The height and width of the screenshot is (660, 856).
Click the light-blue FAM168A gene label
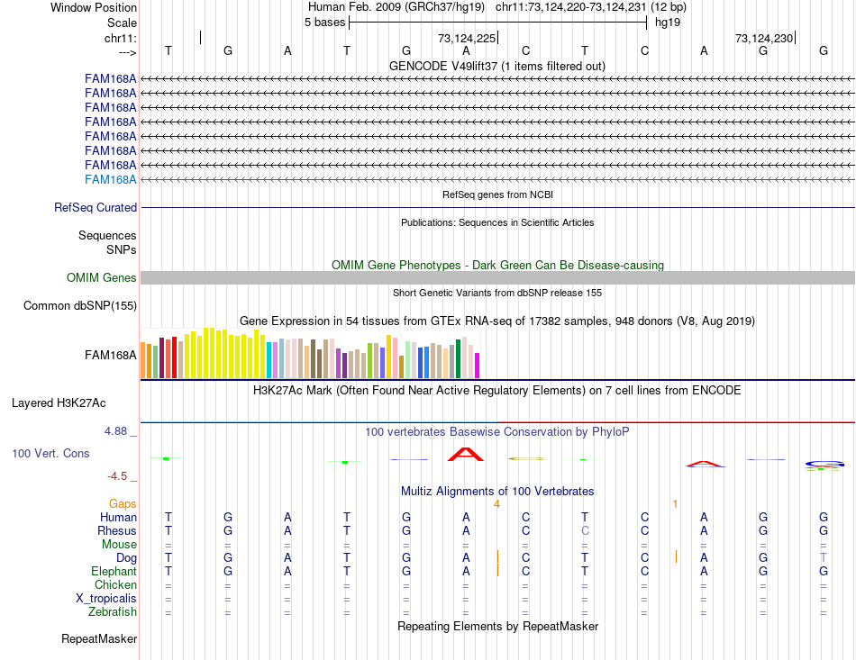pyautogui.click(x=111, y=179)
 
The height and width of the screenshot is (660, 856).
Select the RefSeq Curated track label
pyautogui.click(x=96, y=207)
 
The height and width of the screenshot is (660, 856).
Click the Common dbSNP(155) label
pyautogui.click(x=80, y=306)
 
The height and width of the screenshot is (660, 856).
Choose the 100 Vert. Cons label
pyautogui.click(x=50, y=453)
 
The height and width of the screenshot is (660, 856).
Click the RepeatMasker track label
pyautogui.click(x=99, y=639)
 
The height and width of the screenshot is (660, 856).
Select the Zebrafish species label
pyautogui.click(x=114, y=612)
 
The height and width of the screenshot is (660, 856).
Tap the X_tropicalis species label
pyautogui.click(x=106, y=599)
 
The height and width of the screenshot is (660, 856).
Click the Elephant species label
pyautogui.click(x=114, y=571)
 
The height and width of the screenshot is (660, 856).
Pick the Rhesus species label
pyautogui.click(x=117, y=530)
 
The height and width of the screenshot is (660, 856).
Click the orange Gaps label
pyautogui.click(x=123, y=503)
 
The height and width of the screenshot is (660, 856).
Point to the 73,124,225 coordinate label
pyautogui.click(x=467, y=39)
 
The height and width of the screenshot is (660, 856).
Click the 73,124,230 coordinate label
pyautogui.click(x=764, y=39)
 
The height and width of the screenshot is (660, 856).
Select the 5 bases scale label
pyautogui.click(x=324, y=23)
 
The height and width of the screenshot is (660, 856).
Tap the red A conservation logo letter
pyautogui.click(x=466, y=455)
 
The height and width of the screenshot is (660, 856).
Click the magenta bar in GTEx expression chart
pyautogui.click(x=477, y=366)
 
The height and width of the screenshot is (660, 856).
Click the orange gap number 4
pyautogui.click(x=496, y=503)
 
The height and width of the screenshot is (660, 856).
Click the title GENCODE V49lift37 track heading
pyautogui.click(x=496, y=67)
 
